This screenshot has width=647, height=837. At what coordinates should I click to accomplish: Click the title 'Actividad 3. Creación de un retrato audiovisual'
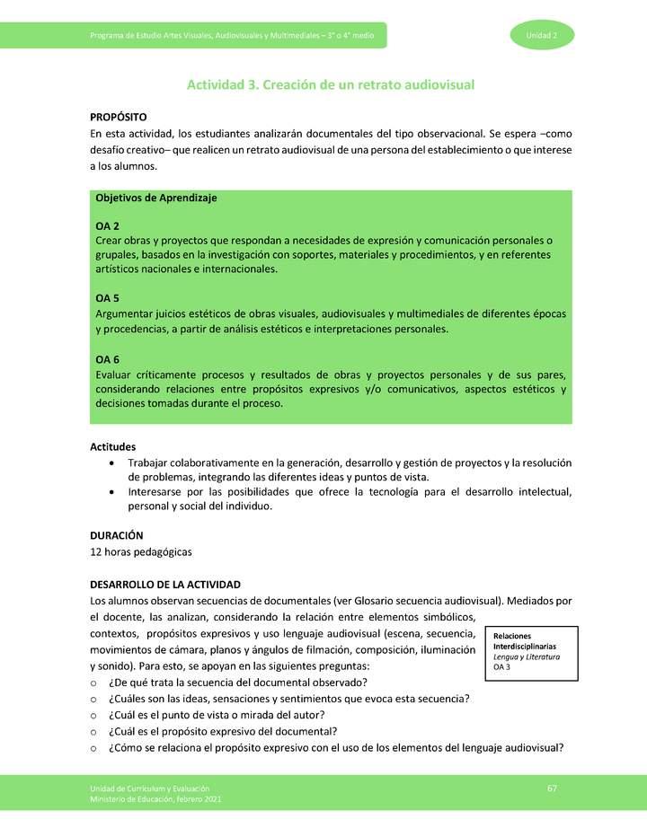tap(330, 84)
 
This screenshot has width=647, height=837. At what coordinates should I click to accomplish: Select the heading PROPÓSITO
tap(119, 118)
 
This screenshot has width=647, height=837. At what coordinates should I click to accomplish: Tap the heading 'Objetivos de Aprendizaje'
tap(156, 198)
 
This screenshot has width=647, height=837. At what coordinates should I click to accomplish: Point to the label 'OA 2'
tap(108, 226)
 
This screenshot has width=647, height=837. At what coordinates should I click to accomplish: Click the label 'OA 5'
tap(108, 298)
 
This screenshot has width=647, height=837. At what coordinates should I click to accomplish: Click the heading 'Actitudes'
tap(113, 446)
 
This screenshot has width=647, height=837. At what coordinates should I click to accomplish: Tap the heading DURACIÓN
tap(117, 534)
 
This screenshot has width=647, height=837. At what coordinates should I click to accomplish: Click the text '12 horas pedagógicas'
tap(141, 551)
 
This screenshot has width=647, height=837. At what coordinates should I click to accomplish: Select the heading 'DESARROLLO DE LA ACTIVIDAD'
tap(165, 585)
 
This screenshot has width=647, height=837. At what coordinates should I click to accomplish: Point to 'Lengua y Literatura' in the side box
tap(527, 657)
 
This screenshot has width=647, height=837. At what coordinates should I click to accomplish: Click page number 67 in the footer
tap(552, 788)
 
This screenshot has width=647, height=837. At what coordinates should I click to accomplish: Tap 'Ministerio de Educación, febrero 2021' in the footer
tap(155, 798)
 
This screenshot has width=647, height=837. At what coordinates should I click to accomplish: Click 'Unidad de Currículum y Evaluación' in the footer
tap(149, 788)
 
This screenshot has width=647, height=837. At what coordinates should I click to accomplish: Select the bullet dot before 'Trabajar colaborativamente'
tap(111, 463)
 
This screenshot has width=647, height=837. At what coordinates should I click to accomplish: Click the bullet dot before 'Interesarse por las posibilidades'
tap(111, 492)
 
